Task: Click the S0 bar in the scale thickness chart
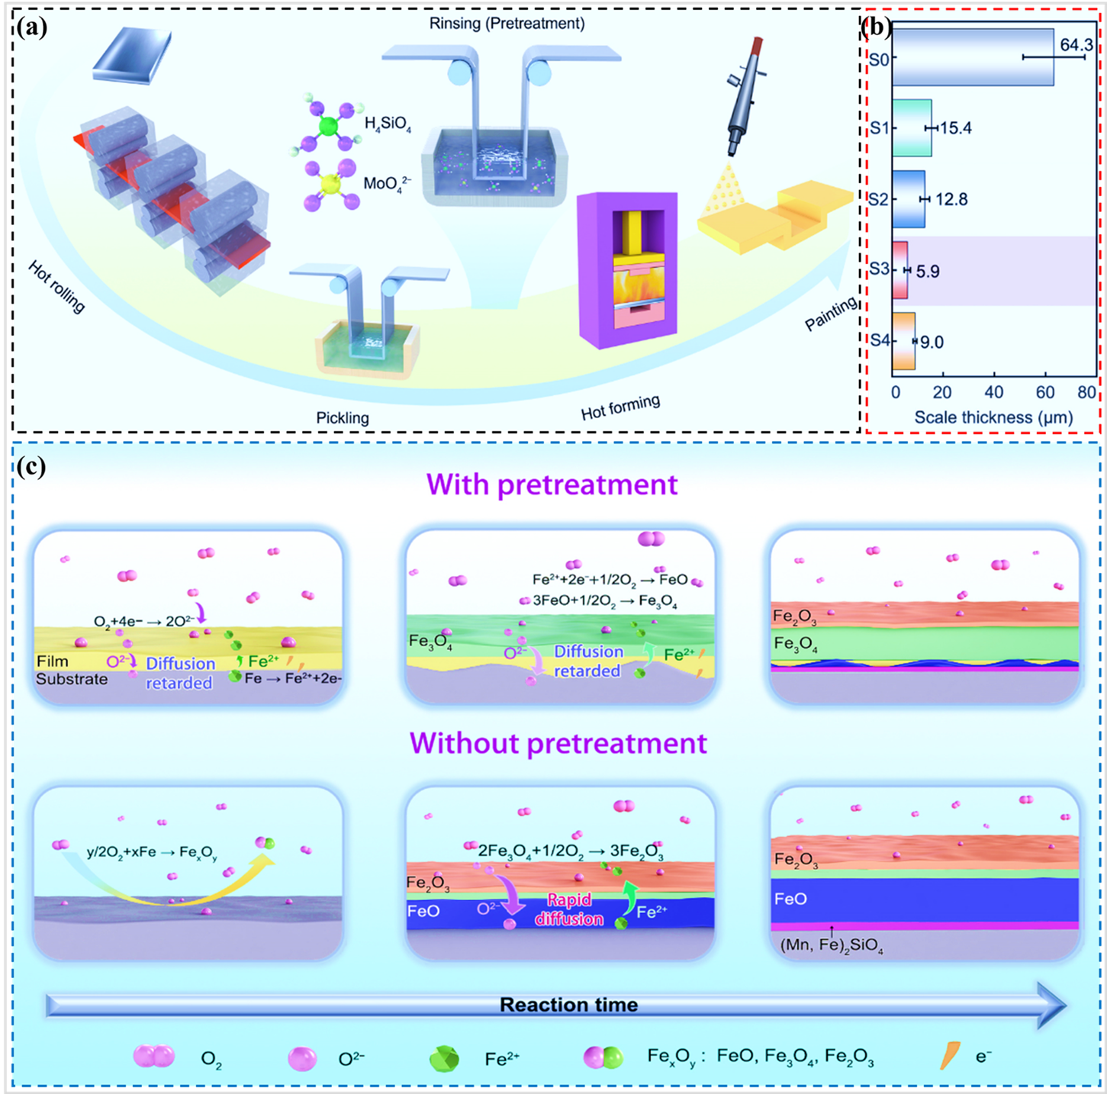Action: pyautogui.click(x=973, y=57)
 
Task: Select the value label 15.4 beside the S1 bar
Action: pyautogui.click(x=955, y=127)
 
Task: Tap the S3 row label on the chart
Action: pyautogui.click(x=879, y=269)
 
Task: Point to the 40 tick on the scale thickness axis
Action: pyautogui.click(x=993, y=392)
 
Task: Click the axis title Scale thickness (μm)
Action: pyautogui.click(x=993, y=417)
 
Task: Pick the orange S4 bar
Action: pyautogui.click(x=903, y=341)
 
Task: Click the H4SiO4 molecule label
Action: pyautogui.click(x=388, y=124)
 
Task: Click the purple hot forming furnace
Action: pyautogui.click(x=627, y=270)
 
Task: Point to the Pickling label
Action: pyautogui.click(x=343, y=418)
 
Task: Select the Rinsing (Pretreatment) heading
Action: pyautogui.click(x=507, y=24)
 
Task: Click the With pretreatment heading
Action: pyautogui.click(x=552, y=484)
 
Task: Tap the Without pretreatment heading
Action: pyautogui.click(x=558, y=743)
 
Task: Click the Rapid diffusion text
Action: pyautogui.click(x=568, y=909)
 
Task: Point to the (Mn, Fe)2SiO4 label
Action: pyautogui.click(x=832, y=946)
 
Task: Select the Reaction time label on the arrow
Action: pyautogui.click(x=568, y=1005)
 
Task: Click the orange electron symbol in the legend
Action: pyautogui.click(x=950, y=1056)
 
